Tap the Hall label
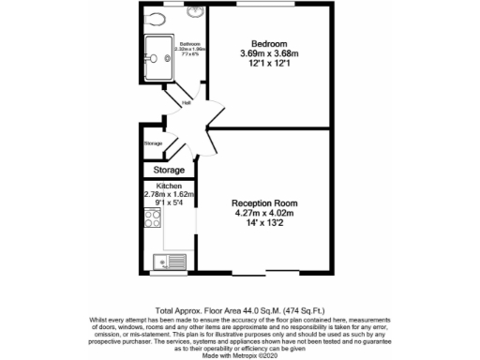coord(186,102)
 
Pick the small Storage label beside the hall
coord(153,143)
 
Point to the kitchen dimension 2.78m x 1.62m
coord(168,194)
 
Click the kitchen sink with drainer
coord(172,262)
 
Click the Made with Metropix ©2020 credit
coord(239,353)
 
